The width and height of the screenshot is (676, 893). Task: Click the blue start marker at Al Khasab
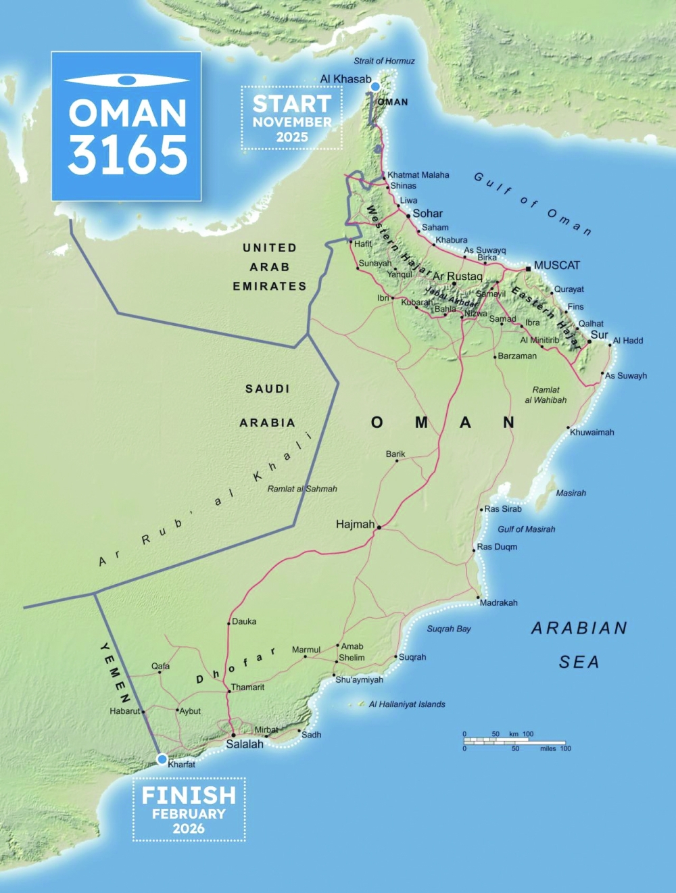375,87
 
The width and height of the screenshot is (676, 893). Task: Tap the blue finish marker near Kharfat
162,759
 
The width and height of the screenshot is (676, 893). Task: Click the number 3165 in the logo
127,155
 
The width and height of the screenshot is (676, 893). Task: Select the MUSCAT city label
556,266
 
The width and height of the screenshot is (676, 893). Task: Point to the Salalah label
244,744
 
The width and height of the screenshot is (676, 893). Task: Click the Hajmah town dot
379,527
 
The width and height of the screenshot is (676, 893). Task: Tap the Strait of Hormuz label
384,61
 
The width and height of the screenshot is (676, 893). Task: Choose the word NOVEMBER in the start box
292,122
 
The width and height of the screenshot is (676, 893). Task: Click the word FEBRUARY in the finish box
189,814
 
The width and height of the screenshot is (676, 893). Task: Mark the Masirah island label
571,493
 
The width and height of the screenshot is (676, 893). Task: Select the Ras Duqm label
497,547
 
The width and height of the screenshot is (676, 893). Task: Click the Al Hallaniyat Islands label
407,704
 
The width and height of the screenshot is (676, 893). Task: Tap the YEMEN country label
115,673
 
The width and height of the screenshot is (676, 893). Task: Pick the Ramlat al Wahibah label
546,395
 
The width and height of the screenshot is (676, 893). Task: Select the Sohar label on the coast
427,214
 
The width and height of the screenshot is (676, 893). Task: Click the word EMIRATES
270,287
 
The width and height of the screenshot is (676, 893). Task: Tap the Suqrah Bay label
449,629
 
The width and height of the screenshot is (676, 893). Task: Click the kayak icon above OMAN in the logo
126,80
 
